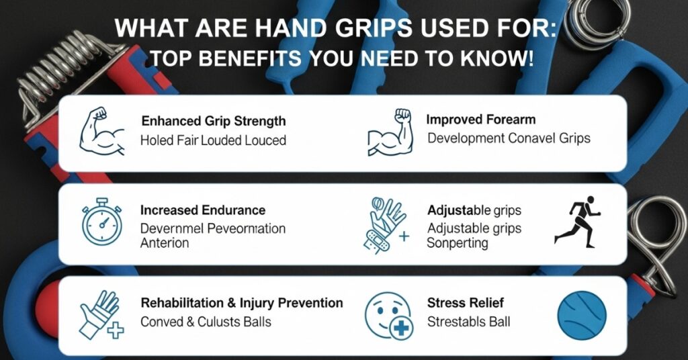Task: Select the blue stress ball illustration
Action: tap(582, 316)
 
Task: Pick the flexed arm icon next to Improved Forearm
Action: tap(390, 133)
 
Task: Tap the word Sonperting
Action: tap(457, 243)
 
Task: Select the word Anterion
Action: tap(165, 243)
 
